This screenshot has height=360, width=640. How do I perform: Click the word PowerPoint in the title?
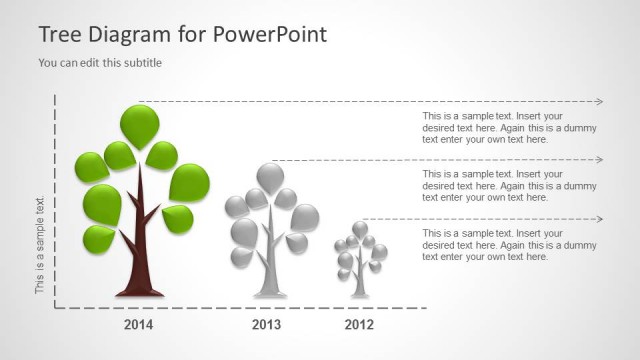pos(270,35)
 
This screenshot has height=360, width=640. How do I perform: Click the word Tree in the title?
pos(59,35)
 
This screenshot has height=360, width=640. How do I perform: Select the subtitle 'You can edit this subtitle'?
pos(100,63)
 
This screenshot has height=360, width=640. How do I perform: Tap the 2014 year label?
pos(139,325)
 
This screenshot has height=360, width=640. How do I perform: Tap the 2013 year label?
pos(266,325)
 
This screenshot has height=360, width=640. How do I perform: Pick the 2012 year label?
pos(360,325)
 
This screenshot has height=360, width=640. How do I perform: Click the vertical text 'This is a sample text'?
pos(41,246)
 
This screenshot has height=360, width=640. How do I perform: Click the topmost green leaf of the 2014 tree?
pos(140,124)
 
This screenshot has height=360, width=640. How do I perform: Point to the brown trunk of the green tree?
pos(141,250)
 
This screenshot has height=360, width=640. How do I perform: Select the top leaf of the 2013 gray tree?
pos(270,177)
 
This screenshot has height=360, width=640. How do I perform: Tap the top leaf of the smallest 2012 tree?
pos(360,229)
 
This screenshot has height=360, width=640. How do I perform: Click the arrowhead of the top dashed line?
pos(599,102)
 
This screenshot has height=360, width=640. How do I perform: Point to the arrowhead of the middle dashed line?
pos(599,160)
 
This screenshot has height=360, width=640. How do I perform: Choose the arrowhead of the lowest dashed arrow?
pos(599,219)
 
